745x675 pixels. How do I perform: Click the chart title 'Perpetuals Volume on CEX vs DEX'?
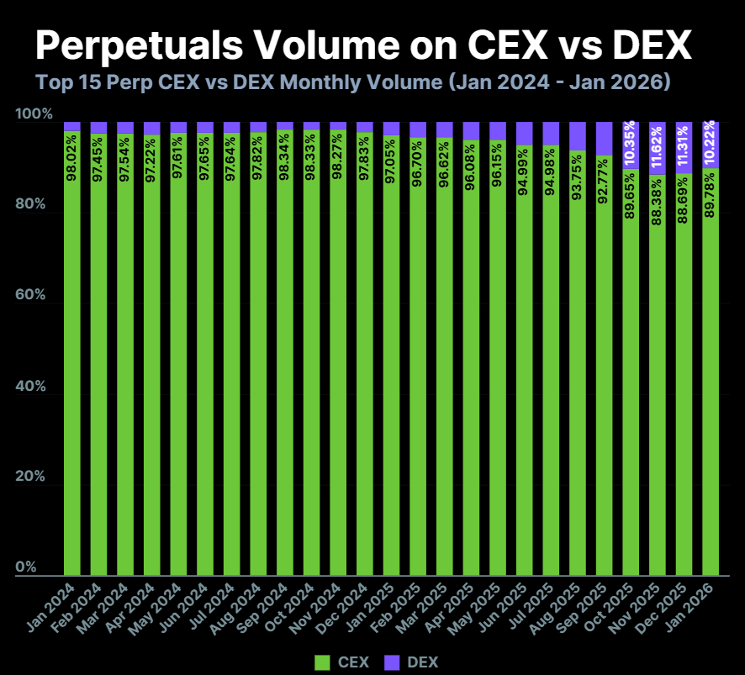362,45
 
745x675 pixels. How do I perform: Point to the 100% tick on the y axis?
34,114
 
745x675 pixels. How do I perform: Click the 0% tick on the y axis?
29,567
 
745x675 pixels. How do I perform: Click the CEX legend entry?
341,662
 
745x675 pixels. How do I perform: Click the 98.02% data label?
73,156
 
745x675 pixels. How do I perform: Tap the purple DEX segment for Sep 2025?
605,138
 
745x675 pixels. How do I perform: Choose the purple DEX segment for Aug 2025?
579,135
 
